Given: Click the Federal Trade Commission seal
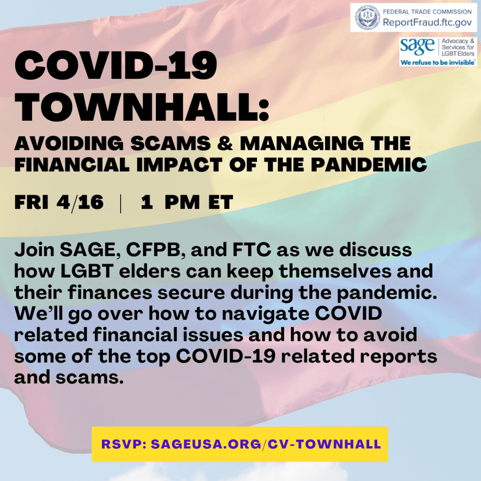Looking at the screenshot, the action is pos(367,17).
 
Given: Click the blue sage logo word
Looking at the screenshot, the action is pos(417,47).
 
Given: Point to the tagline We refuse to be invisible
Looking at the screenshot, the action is pos(438,62).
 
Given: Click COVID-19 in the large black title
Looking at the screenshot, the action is pos(116,65).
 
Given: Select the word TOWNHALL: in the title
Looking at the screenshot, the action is pos(142,107).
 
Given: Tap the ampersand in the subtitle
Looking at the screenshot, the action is pos(225,143).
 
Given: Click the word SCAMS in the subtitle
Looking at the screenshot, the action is pos(171,143).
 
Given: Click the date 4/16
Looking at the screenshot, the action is pos(80,202).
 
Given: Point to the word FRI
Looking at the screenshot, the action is pos(31,202).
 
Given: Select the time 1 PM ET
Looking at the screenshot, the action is pos(187,202).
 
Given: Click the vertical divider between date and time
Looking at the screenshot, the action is pos(121,203).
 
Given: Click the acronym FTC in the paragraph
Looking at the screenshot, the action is pos(252,250).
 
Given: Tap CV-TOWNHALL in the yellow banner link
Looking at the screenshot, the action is pos(325,444).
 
